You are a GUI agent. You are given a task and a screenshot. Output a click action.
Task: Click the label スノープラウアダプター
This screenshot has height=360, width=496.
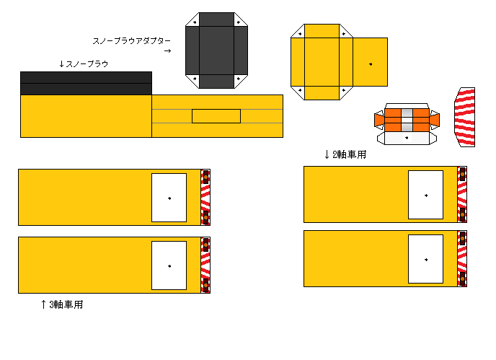[x=132, y=41]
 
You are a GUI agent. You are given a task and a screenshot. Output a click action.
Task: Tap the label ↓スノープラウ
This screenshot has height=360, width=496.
[x=83, y=64]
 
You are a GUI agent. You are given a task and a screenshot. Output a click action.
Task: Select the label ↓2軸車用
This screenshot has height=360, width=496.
[x=345, y=154]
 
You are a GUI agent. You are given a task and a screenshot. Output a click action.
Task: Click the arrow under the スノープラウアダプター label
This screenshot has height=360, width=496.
[x=167, y=51]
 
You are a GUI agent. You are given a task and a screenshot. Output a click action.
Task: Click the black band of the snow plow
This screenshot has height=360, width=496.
[x=86, y=83]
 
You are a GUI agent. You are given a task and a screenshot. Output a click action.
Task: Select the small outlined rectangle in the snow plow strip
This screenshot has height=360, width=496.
[x=216, y=116]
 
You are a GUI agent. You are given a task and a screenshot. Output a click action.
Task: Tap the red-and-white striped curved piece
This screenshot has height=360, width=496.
[x=465, y=117]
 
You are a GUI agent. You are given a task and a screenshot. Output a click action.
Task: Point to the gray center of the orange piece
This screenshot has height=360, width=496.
[x=407, y=118]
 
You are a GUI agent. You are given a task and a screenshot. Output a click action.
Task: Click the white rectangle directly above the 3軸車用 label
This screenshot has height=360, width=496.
[x=169, y=265]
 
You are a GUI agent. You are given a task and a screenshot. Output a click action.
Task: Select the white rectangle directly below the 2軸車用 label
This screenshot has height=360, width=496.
[x=425, y=195]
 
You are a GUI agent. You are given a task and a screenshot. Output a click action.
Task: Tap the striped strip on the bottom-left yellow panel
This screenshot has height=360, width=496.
[x=205, y=265]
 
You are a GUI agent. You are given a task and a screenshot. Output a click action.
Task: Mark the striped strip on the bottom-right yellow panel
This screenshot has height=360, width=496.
[x=462, y=258]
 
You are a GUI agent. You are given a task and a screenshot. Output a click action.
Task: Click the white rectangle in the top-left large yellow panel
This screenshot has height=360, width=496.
[x=169, y=197]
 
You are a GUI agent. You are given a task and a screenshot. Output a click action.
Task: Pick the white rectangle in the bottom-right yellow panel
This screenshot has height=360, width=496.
[x=425, y=258]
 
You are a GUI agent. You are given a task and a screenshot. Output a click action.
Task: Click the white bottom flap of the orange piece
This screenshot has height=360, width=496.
[x=407, y=138]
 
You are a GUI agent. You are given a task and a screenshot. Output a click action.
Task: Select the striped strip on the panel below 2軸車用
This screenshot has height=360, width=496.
[x=462, y=194]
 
